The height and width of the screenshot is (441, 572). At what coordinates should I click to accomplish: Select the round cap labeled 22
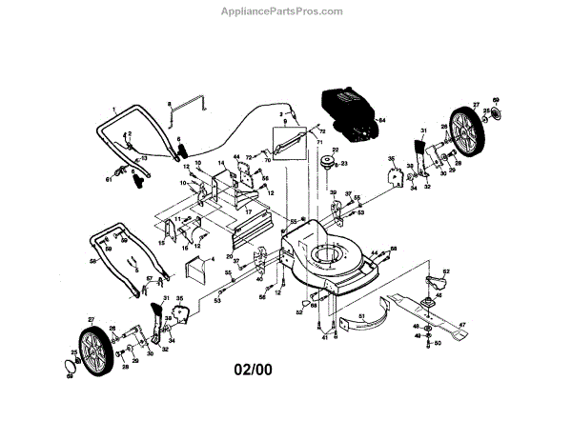334,161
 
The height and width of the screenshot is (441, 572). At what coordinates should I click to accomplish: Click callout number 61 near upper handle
109,178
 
